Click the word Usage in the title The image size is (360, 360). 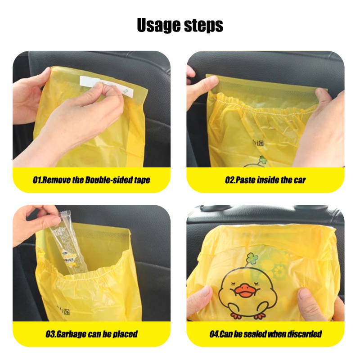tap(158, 26)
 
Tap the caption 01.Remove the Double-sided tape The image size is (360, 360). tap(91, 180)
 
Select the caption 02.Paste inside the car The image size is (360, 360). tap(265, 180)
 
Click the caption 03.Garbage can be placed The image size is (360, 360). tap(91, 334)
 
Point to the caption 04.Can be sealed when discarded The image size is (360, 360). tap(265, 334)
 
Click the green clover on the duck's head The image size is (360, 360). tap(252, 258)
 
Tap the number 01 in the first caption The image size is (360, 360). tap(38, 180)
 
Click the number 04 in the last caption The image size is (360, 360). tap(215, 334)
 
